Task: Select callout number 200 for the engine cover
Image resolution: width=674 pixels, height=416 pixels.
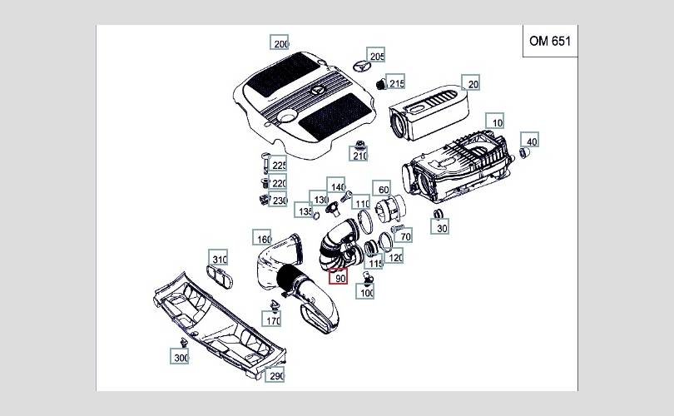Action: tap(280, 44)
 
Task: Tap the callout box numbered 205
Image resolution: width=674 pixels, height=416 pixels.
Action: tap(376, 56)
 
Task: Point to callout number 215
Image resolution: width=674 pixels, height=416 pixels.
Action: tap(396, 83)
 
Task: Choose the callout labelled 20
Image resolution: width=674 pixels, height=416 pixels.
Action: tap(472, 84)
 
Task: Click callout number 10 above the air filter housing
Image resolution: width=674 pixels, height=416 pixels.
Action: tap(496, 122)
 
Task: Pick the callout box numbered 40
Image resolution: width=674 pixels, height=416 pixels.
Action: tap(531, 141)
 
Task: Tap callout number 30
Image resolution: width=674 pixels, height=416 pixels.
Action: tap(441, 228)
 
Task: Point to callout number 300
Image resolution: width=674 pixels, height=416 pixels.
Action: tap(181, 357)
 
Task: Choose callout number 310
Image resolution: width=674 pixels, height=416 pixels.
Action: tap(218, 259)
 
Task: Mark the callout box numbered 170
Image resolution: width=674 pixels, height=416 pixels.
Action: tap(272, 319)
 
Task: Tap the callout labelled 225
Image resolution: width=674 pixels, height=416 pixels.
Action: tap(278, 166)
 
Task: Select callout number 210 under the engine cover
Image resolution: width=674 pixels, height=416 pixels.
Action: tap(359, 155)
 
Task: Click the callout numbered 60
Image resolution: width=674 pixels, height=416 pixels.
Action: tap(383, 190)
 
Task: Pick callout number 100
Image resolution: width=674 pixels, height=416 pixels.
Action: tap(366, 292)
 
